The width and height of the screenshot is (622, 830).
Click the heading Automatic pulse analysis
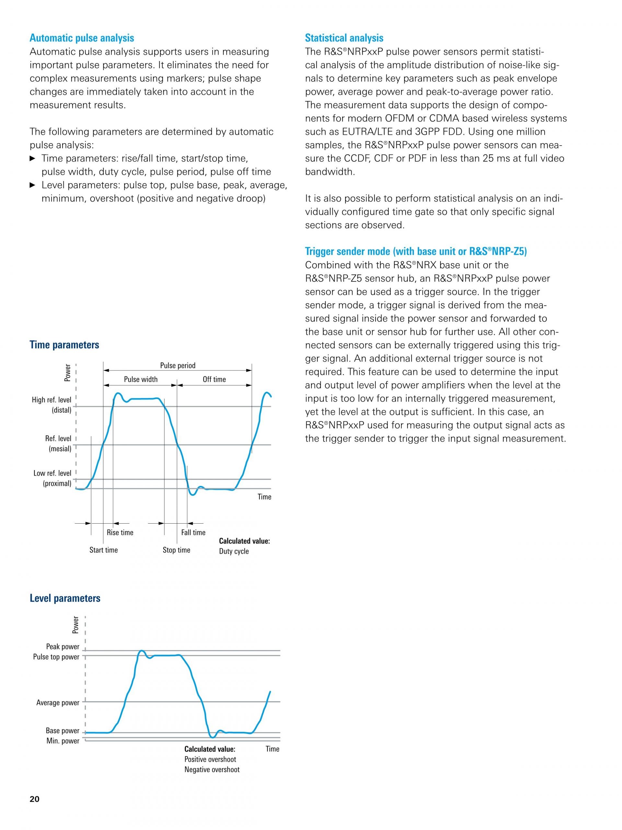point(82,38)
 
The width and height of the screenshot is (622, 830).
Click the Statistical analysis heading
point(344,38)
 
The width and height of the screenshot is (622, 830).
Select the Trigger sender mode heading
point(416,251)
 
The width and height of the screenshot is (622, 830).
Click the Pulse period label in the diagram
point(178,365)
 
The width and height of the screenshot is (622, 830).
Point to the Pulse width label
point(141,379)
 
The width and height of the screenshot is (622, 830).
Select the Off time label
point(214,379)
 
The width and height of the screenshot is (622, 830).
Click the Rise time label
point(120,532)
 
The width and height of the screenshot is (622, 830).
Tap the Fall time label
point(193,532)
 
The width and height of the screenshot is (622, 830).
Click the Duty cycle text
point(234,551)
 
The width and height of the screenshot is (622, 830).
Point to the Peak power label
point(63,646)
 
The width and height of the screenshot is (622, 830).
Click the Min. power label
point(63,741)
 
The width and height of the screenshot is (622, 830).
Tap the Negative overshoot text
point(212,770)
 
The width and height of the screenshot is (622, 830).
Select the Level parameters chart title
point(65,598)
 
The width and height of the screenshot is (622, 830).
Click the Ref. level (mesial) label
point(58,444)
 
